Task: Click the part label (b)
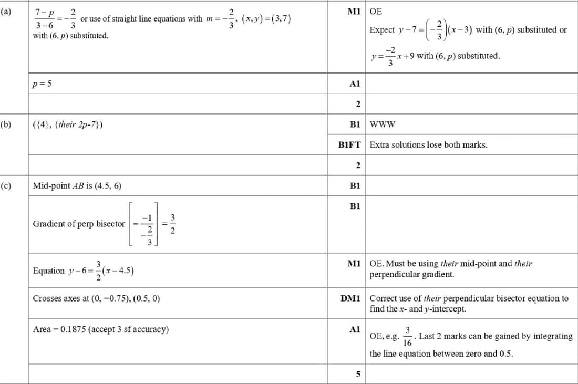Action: (x=7, y=124)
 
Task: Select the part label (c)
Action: (x=7, y=185)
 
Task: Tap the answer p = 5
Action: (x=42, y=83)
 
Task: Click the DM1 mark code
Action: (x=350, y=298)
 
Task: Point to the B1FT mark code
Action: (x=350, y=144)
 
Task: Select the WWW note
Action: (x=383, y=124)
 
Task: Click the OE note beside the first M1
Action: (x=376, y=11)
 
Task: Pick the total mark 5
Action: (x=358, y=375)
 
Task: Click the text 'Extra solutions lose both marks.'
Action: (x=428, y=144)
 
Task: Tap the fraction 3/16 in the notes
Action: (x=408, y=336)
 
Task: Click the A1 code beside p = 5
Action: (x=355, y=83)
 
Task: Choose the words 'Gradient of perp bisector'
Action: (x=79, y=224)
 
